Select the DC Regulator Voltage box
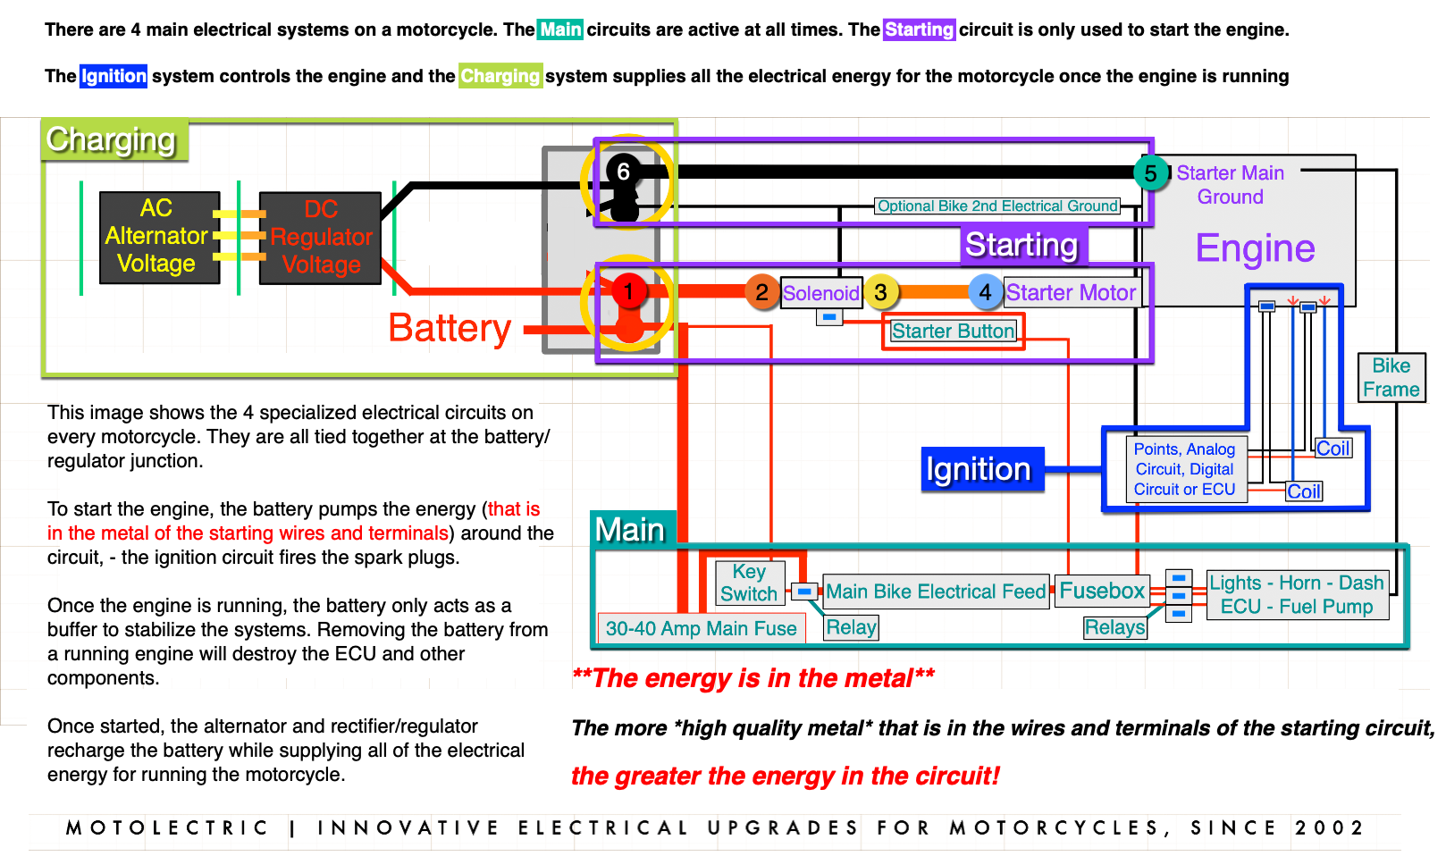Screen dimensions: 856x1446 [320, 238]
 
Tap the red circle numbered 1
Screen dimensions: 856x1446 [629, 290]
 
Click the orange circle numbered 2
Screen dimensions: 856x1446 [761, 292]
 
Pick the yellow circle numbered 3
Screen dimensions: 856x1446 [880, 292]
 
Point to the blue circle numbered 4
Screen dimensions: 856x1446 [985, 292]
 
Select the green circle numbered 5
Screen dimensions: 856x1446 [1150, 173]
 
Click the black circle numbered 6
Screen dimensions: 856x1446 [624, 171]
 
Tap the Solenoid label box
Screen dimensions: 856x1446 [820, 293]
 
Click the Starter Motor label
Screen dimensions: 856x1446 [1071, 293]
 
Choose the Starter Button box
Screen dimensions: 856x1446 [953, 331]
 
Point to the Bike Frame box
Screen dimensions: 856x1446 [1391, 378]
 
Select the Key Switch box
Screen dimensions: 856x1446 [749, 583]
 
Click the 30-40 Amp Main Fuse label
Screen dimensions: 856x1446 [701, 628]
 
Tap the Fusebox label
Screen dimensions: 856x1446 [1101, 591]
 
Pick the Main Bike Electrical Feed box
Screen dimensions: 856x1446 [935, 592]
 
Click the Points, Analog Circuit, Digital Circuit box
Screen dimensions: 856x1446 [1184, 469]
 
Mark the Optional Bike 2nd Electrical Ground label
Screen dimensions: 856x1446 [996, 206]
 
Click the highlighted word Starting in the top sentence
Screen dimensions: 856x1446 [919, 29]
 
